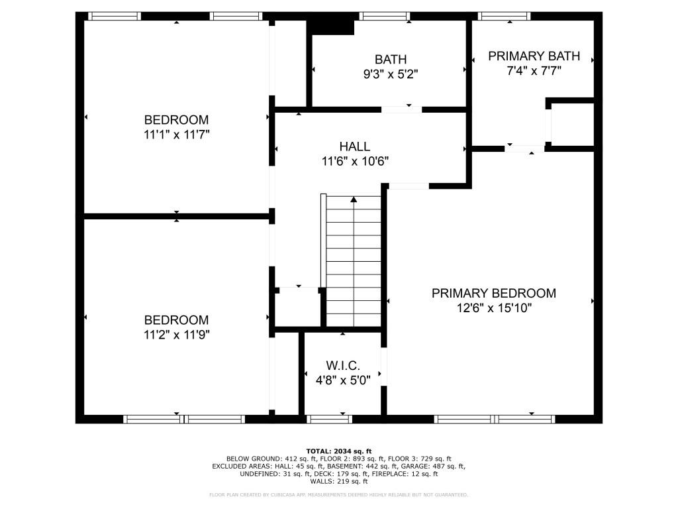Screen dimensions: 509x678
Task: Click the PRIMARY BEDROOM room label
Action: tap(493, 293)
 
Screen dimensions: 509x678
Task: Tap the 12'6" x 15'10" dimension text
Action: tap(493, 308)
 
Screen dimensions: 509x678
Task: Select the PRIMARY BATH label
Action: tap(534, 56)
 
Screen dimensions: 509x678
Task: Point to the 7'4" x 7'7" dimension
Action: tap(534, 71)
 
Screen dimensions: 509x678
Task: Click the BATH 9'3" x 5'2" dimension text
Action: tap(390, 74)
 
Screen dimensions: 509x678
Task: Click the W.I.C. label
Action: tap(342, 366)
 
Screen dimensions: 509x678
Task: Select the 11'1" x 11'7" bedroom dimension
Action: tap(176, 135)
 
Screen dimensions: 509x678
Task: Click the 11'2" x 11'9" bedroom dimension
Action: tap(176, 335)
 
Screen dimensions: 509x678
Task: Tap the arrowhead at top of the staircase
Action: tap(354, 199)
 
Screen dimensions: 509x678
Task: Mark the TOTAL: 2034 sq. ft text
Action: tap(338, 450)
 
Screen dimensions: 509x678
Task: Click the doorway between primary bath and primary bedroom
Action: tap(524, 148)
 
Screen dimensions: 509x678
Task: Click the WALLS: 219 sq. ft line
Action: tap(338, 482)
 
